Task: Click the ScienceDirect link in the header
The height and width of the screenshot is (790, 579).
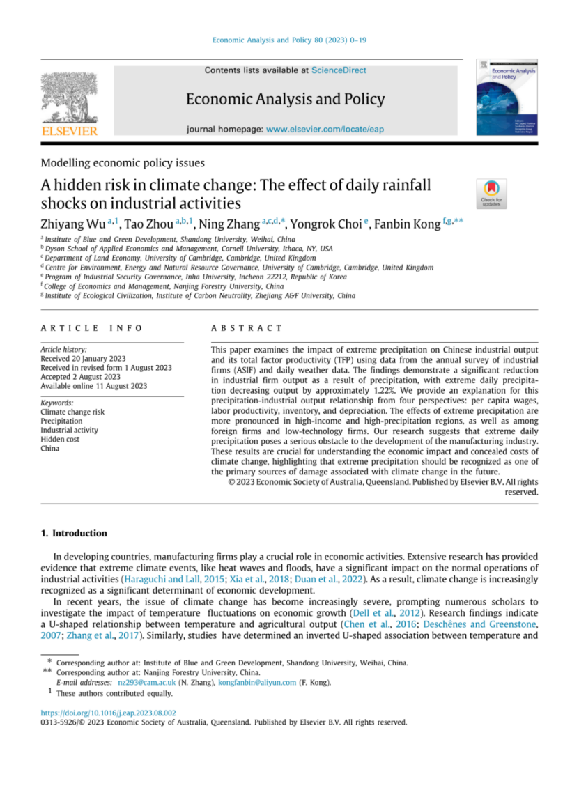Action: pos(339,70)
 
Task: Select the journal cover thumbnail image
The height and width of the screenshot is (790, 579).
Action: pos(496,97)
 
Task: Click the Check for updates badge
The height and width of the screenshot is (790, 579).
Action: pos(491,193)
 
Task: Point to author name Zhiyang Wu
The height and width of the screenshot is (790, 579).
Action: pos(68,224)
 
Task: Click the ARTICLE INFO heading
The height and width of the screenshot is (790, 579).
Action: pos(91,327)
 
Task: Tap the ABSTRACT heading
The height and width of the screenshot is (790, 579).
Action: pos(247,327)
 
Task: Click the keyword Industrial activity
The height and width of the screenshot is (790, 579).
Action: pos(69,430)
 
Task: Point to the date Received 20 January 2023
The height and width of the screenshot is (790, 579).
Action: pos(84,358)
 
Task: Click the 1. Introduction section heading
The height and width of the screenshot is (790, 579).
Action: pos(74,534)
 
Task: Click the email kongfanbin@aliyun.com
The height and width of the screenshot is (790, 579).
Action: pos(257,683)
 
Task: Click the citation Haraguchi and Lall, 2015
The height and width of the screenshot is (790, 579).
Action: pos(171,580)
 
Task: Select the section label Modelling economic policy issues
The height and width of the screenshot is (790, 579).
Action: pos(123,163)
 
